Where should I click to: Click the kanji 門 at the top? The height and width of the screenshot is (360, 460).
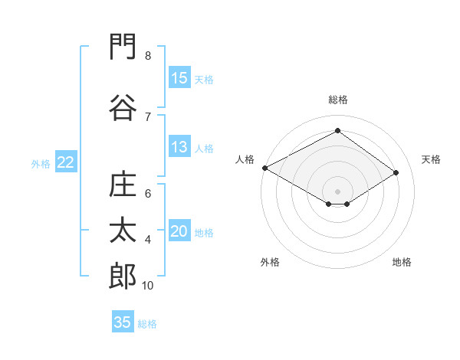[123, 46]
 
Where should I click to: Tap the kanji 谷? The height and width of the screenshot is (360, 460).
[123, 107]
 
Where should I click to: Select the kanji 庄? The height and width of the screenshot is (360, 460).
[123, 184]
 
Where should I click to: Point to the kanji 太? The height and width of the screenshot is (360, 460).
[123, 230]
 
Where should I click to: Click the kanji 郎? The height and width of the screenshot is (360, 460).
[123, 276]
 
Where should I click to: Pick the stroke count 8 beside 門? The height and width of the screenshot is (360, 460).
[148, 55]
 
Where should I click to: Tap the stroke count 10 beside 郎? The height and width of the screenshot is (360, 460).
[147, 285]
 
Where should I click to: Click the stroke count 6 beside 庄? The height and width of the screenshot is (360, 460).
[148, 194]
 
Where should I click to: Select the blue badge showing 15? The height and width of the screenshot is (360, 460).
[180, 77]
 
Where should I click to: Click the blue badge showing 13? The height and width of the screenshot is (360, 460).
[180, 146]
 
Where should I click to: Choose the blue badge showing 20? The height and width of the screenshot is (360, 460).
[180, 230]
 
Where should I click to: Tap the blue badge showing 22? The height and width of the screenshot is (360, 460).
[66, 162]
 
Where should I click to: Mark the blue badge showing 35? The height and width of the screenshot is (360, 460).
[123, 321]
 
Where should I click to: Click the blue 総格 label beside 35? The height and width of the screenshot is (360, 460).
[147, 324]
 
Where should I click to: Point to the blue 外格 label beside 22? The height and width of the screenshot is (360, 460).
[41, 164]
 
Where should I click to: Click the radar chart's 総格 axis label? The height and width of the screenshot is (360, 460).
[338, 100]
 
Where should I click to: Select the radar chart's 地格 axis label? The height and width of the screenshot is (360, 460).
[402, 262]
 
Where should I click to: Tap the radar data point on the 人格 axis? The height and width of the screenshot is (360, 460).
[265, 168]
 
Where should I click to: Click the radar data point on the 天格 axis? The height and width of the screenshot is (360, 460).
[396, 172]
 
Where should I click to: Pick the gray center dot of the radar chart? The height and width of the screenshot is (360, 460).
[337, 191]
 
